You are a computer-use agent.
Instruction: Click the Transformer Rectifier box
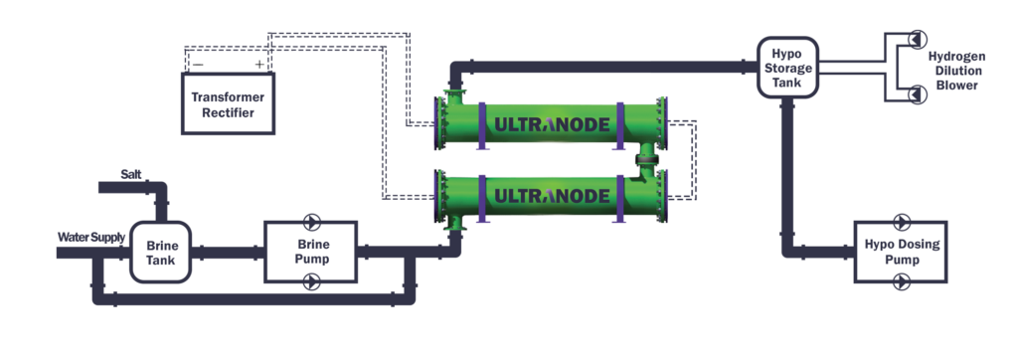click(x=228, y=104)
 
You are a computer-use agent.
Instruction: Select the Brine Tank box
click(x=160, y=252)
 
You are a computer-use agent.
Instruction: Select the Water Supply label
click(x=91, y=237)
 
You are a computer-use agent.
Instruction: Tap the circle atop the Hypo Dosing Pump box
click(x=903, y=220)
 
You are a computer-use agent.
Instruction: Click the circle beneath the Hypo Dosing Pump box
click(x=903, y=284)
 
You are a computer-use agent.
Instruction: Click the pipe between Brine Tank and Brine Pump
click(x=227, y=253)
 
